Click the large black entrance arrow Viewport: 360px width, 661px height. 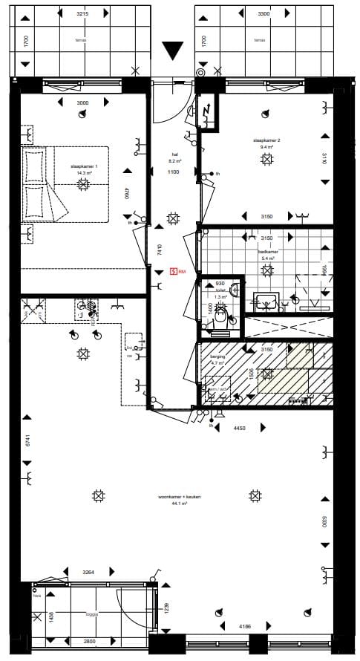tap(172, 51)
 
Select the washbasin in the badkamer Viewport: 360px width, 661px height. tap(266, 301)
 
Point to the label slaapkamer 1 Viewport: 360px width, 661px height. tap(84, 166)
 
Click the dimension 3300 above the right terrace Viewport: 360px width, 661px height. tap(264, 14)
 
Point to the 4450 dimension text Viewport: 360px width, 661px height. tap(240, 429)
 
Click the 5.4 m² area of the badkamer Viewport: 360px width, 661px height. tap(266, 258)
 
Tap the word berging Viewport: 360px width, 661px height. tap(217, 356)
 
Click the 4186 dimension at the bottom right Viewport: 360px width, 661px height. tap(244, 627)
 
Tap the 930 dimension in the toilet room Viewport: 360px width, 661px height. tap(219, 284)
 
